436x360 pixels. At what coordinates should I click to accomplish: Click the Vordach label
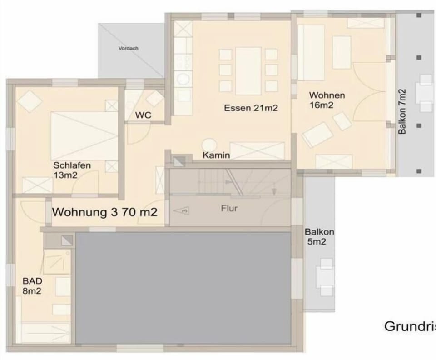click(x=128, y=48)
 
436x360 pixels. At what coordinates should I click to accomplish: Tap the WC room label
click(x=143, y=115)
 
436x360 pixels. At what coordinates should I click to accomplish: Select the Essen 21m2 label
click(x=251, y=108)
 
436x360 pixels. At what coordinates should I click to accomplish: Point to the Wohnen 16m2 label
click(x=327, y=100)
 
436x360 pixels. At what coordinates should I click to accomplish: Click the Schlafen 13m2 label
click(x=72, y=170)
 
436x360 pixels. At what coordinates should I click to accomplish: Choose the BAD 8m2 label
click(x=32, y=286)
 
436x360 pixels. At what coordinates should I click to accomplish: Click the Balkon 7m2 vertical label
click(x=402, y=111)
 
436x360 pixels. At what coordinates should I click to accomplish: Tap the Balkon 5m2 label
click(x=319, y=237)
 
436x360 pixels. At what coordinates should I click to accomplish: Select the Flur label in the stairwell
click(x=229, y=208)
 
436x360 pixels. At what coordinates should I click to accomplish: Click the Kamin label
click(x=216, y=155)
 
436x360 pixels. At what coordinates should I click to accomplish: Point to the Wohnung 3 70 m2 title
click(x=105, y=212)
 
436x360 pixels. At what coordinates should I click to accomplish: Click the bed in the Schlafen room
click(x=84, y=136)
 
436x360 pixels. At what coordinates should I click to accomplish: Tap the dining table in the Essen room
click(x=248, y=71)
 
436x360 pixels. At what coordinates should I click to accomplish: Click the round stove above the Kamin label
click(x=209, y=145)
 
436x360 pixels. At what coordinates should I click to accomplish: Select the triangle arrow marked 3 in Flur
click(x=181, y=210)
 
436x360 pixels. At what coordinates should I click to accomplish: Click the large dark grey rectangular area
click(x=183, y=288)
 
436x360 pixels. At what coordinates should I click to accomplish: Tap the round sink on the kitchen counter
click(x=183, y=79)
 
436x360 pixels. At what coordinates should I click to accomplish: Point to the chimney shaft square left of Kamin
click(x=179, y=161)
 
